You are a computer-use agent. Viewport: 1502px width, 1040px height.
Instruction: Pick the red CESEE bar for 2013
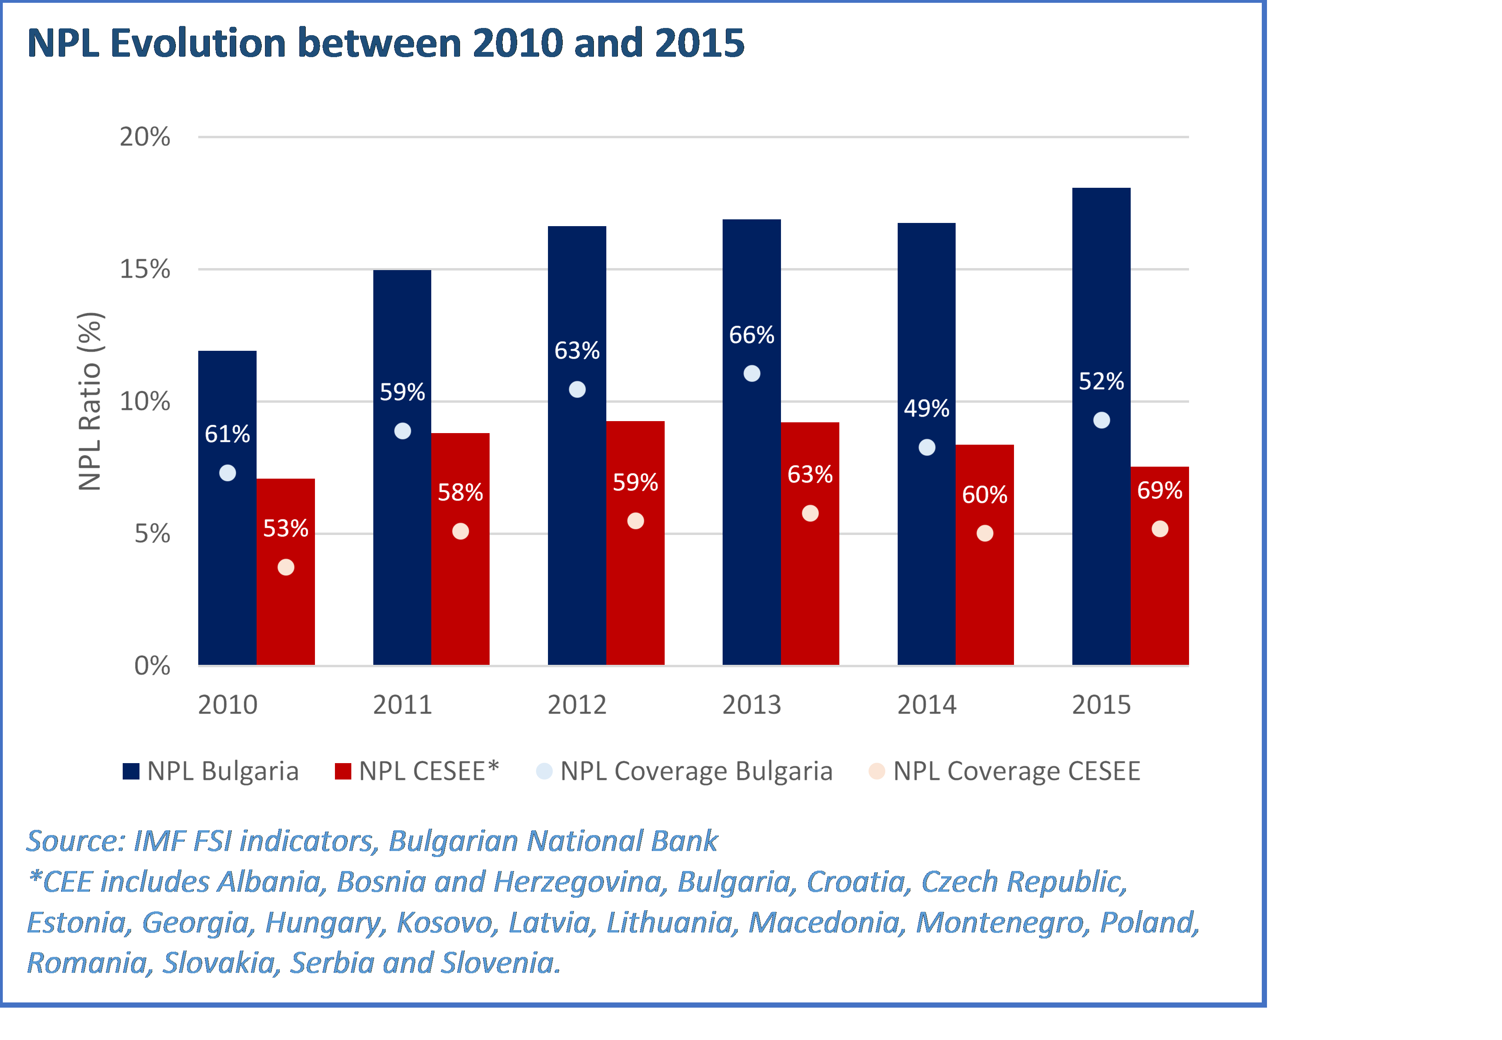810,587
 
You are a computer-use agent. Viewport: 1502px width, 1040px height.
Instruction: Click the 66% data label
752,335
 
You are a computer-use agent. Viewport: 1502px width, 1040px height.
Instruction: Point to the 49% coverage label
926,409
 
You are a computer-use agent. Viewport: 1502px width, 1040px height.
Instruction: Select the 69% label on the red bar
1160,490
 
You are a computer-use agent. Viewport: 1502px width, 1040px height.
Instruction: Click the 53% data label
285,528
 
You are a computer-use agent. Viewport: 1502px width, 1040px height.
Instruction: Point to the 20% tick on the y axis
145,137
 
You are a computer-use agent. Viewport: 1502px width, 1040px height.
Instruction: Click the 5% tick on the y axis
152,534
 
